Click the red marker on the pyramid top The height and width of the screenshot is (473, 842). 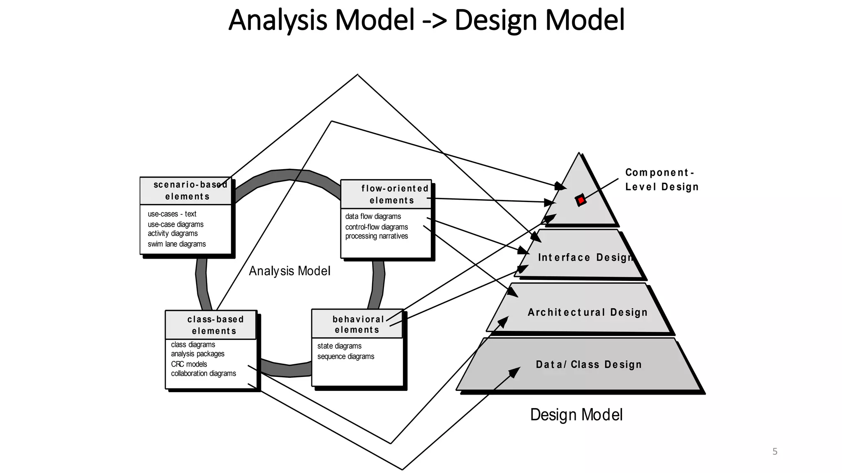[x=581, y=200]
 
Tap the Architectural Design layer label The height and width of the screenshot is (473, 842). [x=588, y=312]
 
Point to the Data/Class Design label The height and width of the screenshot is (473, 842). [x=589, y=365]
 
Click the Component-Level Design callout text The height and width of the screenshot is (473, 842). [x=662, y=180]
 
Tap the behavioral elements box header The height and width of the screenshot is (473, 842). [x=357, y=324]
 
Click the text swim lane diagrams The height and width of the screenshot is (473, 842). [x=177, y=244]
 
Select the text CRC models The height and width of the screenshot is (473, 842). [x=189, y=364]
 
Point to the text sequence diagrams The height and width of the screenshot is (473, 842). [x=346, y=356]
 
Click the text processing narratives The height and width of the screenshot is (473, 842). [x=377, y=236]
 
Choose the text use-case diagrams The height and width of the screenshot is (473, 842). [x=176, y=224]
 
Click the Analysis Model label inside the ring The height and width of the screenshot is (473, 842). [x=289, y=271]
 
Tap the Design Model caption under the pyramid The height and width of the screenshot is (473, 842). [x=576, y=415]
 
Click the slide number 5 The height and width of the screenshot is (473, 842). [x=775, y=452]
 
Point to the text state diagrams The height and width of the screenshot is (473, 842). [x=339, y=346]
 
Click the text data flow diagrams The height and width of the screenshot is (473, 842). [x=373, y=216]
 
